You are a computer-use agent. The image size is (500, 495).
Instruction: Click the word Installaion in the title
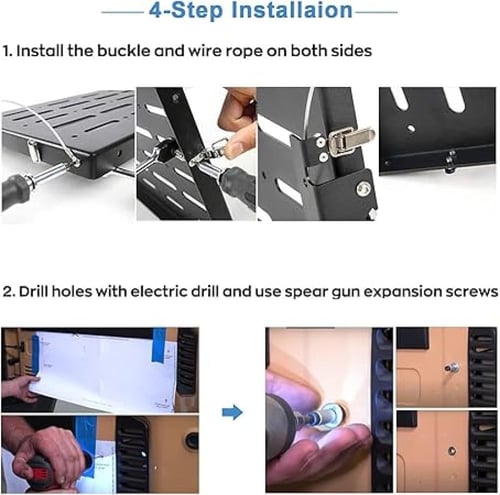point(292,10)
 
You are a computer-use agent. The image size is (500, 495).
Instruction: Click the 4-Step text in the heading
point(186,10)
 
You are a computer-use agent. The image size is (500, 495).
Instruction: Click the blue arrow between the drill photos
point(232,413)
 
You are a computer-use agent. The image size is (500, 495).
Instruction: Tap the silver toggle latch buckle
point(350,140)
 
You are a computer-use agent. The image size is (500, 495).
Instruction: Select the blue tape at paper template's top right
point(159,345)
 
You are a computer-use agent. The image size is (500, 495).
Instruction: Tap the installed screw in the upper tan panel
point(452,368)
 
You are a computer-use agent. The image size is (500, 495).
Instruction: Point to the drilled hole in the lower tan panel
point(452,451)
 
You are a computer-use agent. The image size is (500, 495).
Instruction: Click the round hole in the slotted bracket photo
point(411,128)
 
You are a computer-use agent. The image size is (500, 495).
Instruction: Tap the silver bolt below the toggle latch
point(363,189)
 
